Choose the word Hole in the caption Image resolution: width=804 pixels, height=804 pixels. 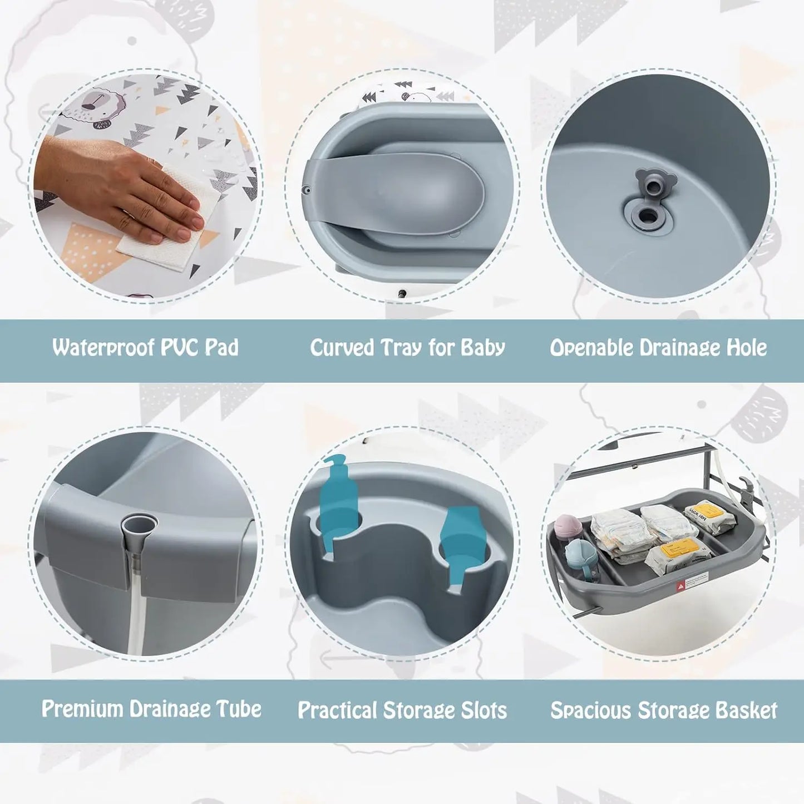click(747, 348)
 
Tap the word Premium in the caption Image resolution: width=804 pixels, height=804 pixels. click(82, 709)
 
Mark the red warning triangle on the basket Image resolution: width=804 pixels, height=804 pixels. click(680, 586)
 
